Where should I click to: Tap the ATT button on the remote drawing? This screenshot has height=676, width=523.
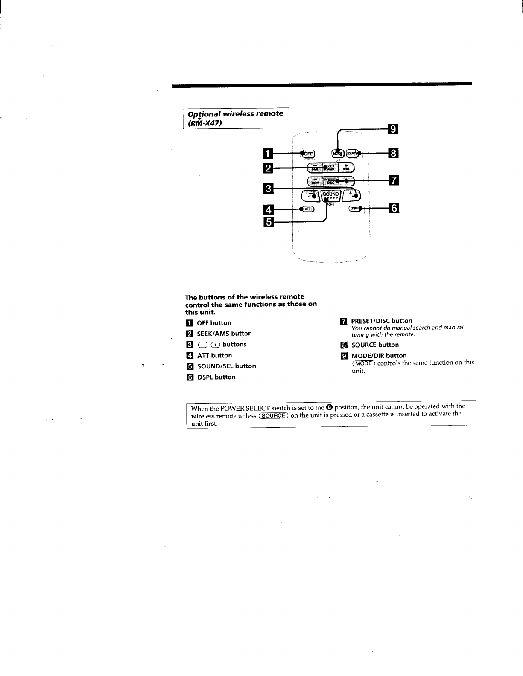click(307, 209)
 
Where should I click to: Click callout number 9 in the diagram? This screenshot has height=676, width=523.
click(392, 128)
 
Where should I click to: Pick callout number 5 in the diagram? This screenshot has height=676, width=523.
click(268, 222)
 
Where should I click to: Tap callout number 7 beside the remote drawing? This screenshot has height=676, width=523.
click(392, 180)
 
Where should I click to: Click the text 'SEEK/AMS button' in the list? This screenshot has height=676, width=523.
click(224, 334)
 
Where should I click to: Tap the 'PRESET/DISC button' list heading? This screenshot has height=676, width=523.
click(382, 321)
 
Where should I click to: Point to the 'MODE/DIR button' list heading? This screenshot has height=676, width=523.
click(379, 355)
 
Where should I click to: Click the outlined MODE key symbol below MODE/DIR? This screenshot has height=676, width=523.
click(363, 363)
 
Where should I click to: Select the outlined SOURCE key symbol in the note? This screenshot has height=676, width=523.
click(274, 415)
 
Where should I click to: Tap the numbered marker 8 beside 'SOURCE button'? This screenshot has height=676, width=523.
click(344, 345)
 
